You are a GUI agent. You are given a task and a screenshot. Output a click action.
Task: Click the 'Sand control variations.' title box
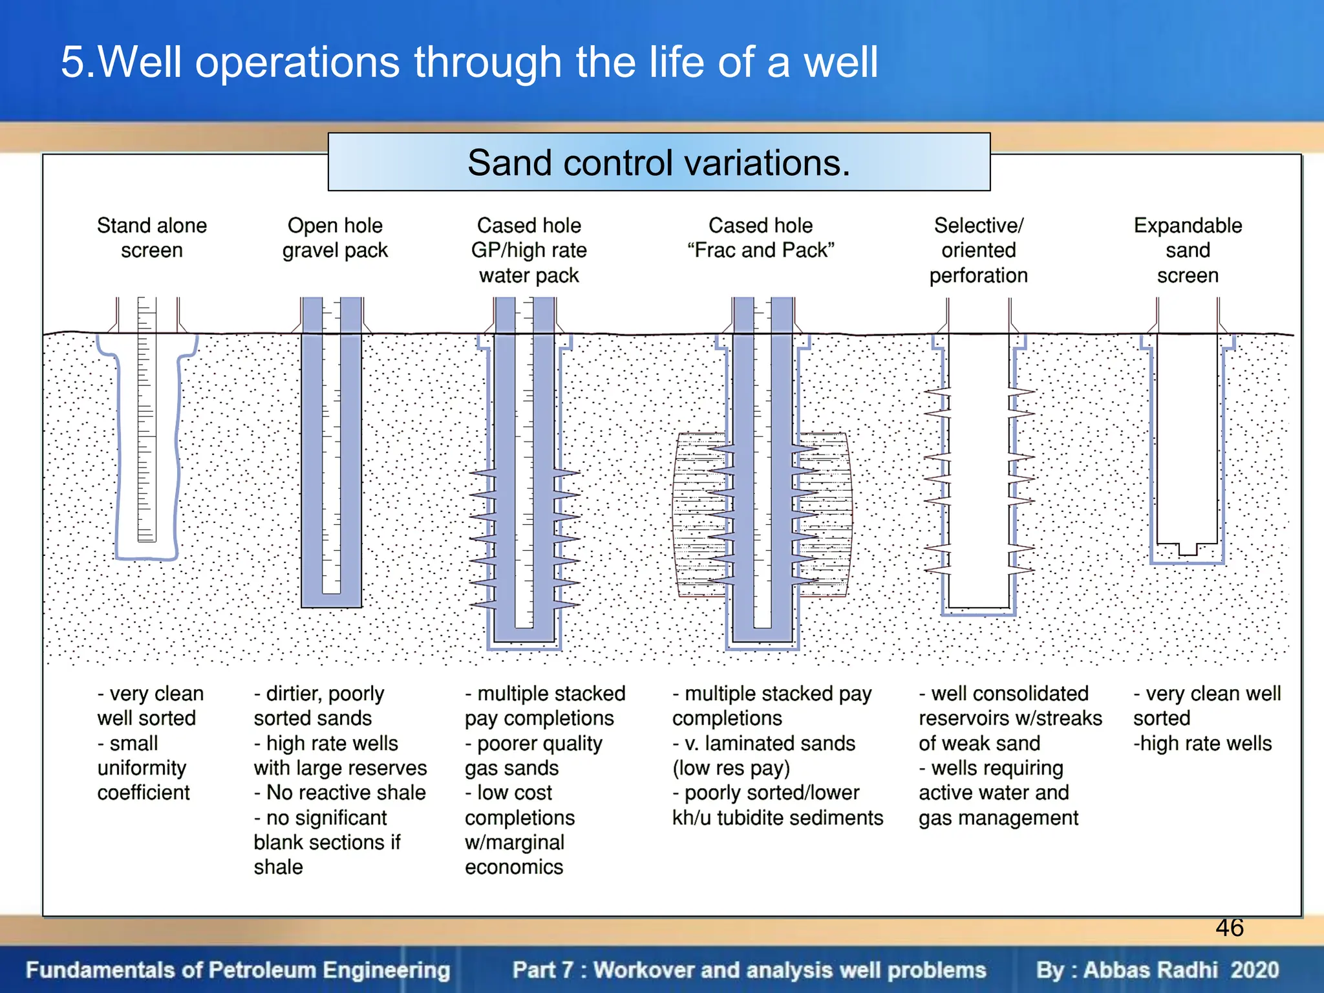[x=659, y=162]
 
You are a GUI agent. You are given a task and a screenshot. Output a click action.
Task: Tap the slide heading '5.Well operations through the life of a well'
[x=469, y=62]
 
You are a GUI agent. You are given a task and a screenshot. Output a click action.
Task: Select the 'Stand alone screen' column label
[x=152, y=238]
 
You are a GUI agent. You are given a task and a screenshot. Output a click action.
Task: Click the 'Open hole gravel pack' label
[x=335, y=238]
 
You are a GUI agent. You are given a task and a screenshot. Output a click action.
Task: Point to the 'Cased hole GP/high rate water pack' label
[x=529, y=250]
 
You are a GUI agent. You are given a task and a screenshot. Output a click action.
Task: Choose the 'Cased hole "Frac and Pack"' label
[x=760, y=238]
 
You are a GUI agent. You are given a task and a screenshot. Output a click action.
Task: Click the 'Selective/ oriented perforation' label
[x=978, y=250]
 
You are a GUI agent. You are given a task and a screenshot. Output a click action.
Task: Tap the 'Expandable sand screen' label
[x=1188, y=250]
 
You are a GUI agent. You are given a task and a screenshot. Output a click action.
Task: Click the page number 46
[x=1229, y=928]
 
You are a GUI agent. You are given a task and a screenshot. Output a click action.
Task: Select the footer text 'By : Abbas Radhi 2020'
[x=1157, y=970]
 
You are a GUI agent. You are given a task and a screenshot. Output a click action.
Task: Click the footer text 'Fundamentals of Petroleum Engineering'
[x=238, y=970]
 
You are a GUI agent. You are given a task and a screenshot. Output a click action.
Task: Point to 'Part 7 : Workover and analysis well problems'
[x=749, y=970]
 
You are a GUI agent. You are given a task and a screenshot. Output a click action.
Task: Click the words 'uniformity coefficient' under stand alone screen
[x=143, y=780]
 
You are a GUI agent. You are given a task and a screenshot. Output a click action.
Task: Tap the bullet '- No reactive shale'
[x=340, y=793]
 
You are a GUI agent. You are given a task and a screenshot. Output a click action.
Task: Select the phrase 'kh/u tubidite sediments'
[x=777, y=818]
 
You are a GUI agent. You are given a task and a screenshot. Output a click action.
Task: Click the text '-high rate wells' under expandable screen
[x=1202, y=743]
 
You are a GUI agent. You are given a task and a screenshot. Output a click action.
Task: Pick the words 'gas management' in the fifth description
[x=998, y=818]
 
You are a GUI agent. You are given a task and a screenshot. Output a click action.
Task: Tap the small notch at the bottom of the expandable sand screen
[x=1188, y=550]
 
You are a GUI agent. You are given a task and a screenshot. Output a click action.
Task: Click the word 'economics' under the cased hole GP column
[x=514, y=867]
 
